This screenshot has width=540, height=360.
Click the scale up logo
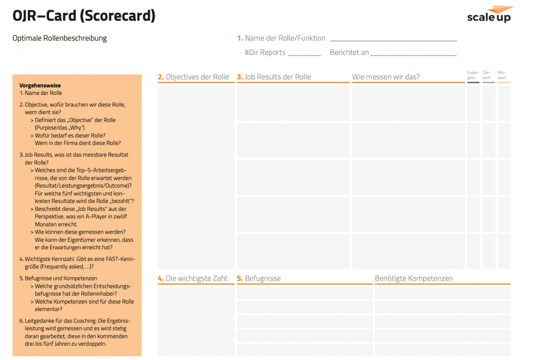coord(490,15)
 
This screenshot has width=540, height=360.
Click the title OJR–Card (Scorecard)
coord(84,16)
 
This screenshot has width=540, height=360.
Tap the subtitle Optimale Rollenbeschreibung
coord(60,38)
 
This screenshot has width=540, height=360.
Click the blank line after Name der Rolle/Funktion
coord(393,40)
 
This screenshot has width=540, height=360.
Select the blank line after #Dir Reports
coord(304,54)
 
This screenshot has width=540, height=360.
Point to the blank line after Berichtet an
coord(413,54)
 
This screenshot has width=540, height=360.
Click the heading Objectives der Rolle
coord(197,77)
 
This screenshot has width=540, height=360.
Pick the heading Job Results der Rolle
coord(277,77)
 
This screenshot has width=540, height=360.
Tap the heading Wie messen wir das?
coord(386,77)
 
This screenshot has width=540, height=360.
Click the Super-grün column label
coord(473,74)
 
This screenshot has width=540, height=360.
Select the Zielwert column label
coord(488,74)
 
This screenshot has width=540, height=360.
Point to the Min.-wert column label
coord(504,74)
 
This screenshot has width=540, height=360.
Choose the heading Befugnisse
coord(262,278)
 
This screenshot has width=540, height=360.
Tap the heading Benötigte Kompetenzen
coord(413,278)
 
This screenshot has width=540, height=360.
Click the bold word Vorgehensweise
coord(40,85)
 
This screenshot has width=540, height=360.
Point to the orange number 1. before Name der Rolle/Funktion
coord(240,38)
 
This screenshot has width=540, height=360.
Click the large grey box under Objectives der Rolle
coord(196,177)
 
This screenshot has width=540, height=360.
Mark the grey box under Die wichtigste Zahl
coord(196,320)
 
